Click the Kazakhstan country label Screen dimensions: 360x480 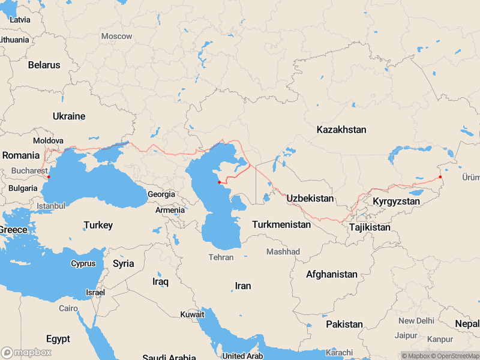pos(341,130)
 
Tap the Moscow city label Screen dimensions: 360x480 pos(116,36)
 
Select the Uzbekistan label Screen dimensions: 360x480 pos(310,198)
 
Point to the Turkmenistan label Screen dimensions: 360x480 pos(281,224)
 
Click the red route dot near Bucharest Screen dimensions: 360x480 pos(49,177)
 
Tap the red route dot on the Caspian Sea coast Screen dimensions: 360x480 pos(219,182)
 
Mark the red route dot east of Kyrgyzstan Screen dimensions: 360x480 pos(440,176)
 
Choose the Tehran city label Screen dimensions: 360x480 pos(221,257)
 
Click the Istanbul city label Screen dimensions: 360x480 pos(50,206)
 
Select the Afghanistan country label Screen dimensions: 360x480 pos(332,274)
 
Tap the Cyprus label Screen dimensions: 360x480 pos(83,263)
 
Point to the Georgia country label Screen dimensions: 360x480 pos(161,194)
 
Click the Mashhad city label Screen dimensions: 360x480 pos(283,251)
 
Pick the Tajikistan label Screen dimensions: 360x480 pos(370,227)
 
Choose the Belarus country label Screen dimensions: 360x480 pos(44,65)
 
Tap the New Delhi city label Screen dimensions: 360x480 pos(416,321)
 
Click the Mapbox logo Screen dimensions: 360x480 pos(26,352)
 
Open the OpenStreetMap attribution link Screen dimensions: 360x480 pos(454,356)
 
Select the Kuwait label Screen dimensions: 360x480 pos(192,314)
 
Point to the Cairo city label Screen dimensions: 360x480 pos(68,308)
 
